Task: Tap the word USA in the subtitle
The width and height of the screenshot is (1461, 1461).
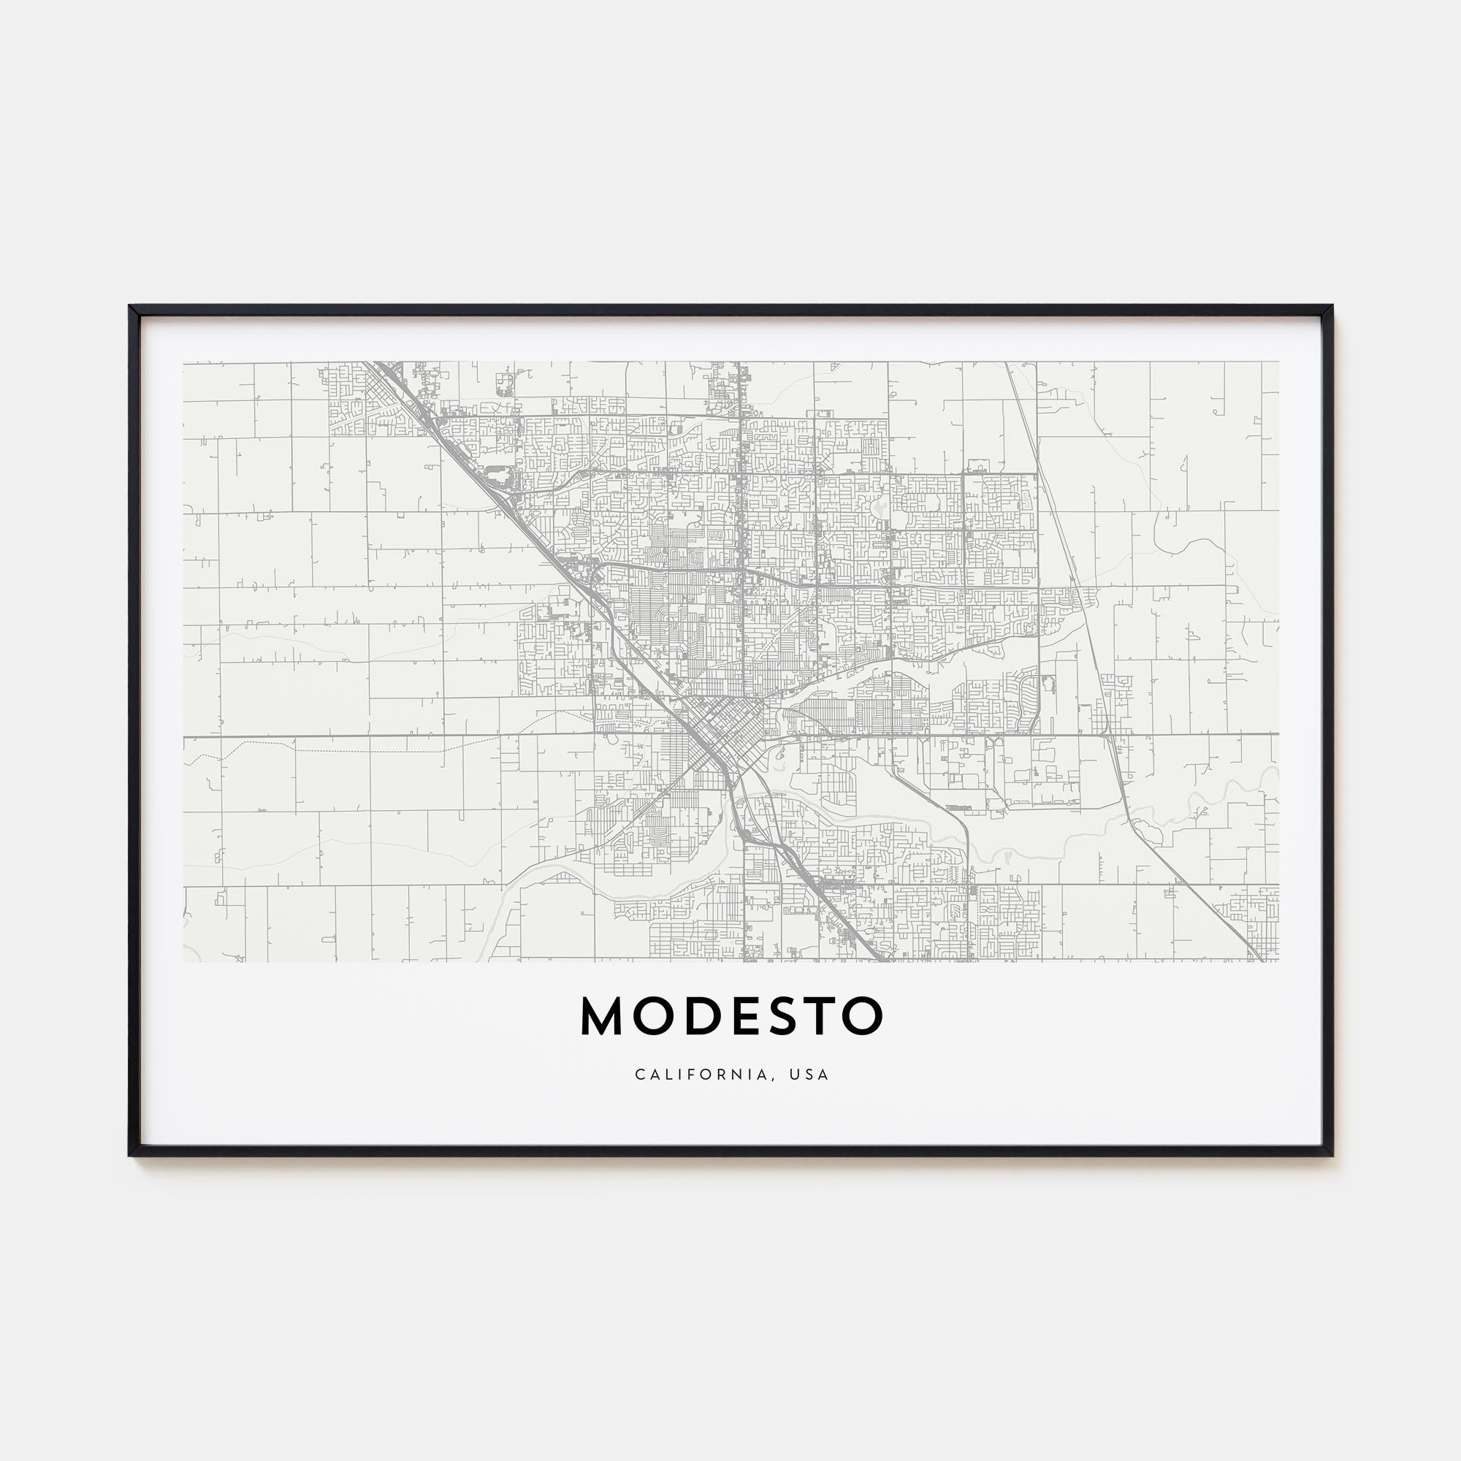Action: [x=809, y=1075]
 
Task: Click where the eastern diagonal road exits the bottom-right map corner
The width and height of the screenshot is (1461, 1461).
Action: [x=1264, y=959]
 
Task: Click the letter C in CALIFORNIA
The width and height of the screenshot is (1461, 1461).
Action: [x=640, y=1075]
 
